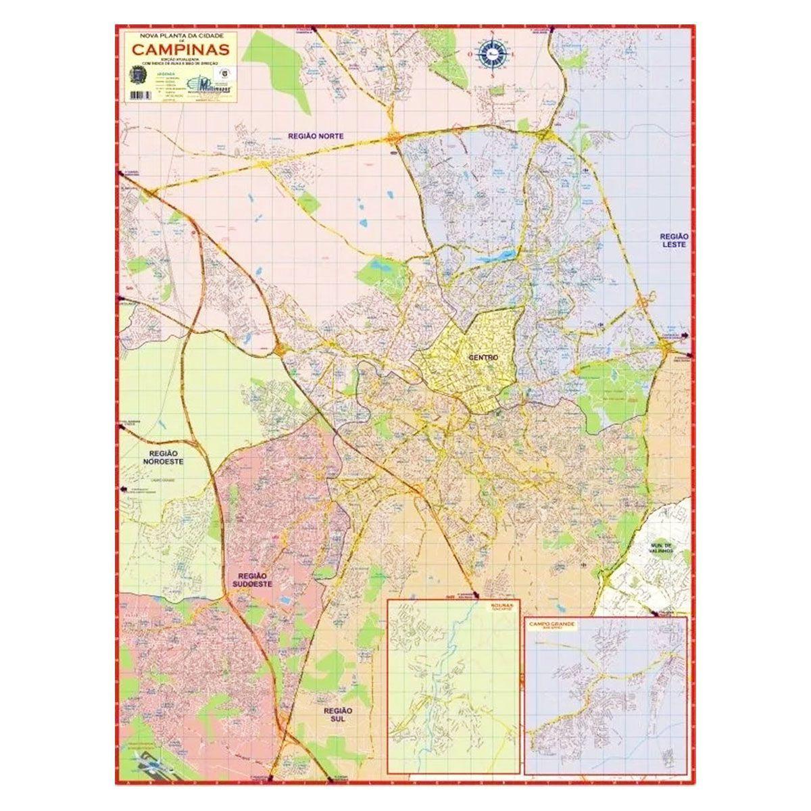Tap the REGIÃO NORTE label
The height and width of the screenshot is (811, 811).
[316, 136]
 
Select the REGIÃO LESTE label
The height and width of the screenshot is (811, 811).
[674, 240]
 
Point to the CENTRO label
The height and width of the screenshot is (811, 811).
[483, 357]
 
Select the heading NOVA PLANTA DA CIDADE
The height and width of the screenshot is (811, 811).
[179, 33]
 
